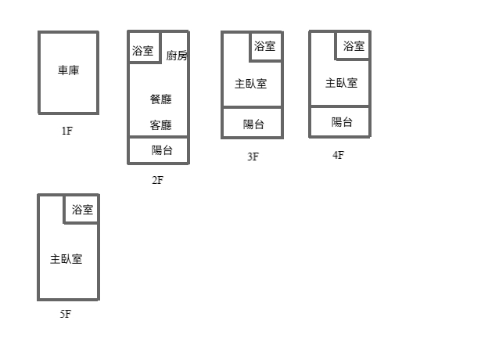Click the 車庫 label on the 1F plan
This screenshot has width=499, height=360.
click(x=68, y=70)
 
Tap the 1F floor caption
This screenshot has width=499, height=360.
click(x=66, y=131)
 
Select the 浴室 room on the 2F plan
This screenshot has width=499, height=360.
click(x=144, y=51)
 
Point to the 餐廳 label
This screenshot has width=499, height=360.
click(x=160, y=99)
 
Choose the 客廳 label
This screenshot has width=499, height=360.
click(x=160, y=125)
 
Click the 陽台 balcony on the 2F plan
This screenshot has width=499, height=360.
click(x=162, y=150)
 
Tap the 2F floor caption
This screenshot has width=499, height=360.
click(x=158, y=180)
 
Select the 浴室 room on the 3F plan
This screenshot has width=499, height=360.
click(x=265, y=46)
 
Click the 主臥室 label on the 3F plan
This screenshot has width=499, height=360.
click(x=250, y=84)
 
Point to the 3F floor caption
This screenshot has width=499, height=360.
click(x=253, y=157)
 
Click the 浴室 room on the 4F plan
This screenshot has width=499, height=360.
click(x=354, y=46)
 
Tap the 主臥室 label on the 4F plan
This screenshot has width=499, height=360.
click(x=341, y=83)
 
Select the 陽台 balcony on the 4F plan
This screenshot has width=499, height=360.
click(x=342, y=122)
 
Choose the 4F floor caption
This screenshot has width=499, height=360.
click(x=338, y=155)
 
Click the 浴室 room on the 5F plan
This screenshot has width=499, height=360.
click(x=82, y=209)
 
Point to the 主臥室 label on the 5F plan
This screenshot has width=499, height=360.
click(x=66, y=259)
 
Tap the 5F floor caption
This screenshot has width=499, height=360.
click(x=65, y=315)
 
